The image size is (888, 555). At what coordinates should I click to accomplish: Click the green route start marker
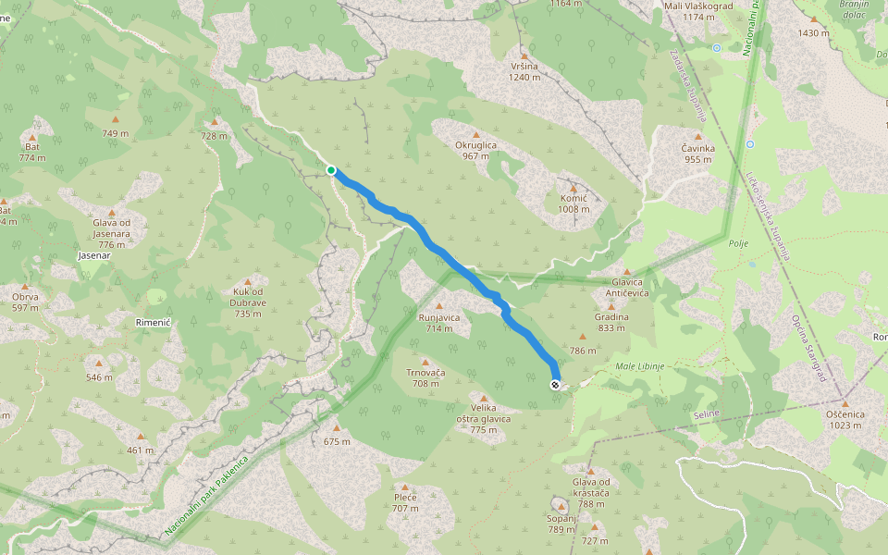(x=331, y=169)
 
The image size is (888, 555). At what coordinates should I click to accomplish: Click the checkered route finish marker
(x=554, y=385)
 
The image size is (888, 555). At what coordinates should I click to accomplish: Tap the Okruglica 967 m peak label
(x=475, y=151)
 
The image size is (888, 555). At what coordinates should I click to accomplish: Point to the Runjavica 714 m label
(x=439, y=323)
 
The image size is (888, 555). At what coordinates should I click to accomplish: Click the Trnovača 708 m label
(x=425, y=377)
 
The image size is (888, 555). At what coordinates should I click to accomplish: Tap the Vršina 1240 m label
(x=524, y=71)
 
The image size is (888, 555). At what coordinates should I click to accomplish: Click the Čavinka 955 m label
(x=698, y=153)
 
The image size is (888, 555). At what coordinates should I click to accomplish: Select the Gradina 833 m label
(x=611, y=322)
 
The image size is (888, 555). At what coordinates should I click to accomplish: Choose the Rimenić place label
(x=153, y=321)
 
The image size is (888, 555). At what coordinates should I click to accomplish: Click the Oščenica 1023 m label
(x=845, y=419)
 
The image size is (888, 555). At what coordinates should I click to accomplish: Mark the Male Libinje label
(x=640, y=367)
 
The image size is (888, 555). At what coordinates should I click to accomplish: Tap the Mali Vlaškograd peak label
(x=699, y=11)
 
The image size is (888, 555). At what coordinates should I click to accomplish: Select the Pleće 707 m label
(x=405, y=502)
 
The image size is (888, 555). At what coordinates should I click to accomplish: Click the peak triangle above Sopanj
(x=561, y=506)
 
